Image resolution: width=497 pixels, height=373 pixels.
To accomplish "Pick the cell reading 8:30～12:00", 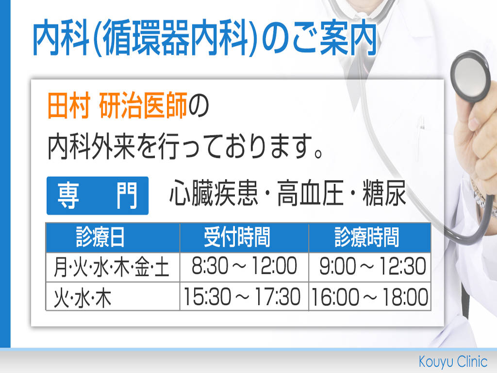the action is (x=245, y=267).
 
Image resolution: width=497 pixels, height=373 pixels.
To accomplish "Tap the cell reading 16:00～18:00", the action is (x=369, y=296).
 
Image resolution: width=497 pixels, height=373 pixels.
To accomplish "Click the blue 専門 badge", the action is (x=98, y=196).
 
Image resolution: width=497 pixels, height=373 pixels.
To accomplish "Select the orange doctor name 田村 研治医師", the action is (x=117, y=105).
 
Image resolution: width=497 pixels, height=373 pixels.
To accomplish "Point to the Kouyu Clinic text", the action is (x=453, y=361).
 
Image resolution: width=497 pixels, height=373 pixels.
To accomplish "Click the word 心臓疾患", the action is (x=214, y=193).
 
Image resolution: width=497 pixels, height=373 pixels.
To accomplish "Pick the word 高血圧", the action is (x=311, y=193).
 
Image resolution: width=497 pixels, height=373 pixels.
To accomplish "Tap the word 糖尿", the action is (x=384, y=193).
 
